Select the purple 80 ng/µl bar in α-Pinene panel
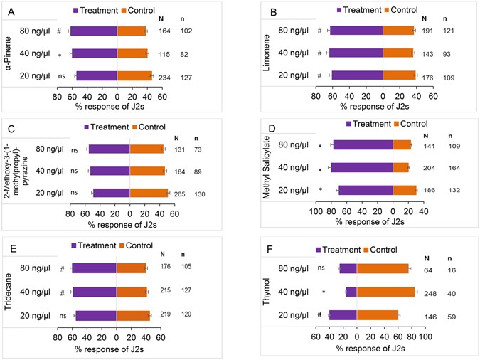93,31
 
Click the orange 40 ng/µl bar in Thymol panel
385,292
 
